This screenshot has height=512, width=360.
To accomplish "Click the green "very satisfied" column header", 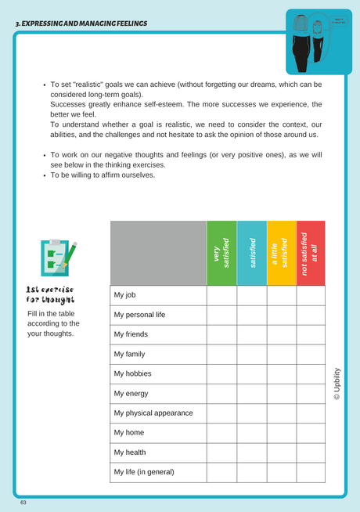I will point(221,253).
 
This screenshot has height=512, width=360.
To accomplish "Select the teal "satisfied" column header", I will point(251,253).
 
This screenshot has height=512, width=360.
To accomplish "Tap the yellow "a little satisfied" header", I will point(281,253).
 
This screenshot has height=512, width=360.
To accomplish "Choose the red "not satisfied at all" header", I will point(311,253).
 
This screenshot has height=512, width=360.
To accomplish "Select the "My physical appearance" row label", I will point(153,413).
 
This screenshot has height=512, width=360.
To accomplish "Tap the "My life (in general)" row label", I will point(144,472).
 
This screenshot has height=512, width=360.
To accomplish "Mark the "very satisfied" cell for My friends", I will point(221,334).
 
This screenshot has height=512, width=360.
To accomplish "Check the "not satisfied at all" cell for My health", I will point(311,453).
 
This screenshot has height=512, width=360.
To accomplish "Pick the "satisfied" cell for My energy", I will point(251,393).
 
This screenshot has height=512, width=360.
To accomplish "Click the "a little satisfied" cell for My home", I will point(281,433).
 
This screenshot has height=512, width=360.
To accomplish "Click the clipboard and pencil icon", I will point(58,259).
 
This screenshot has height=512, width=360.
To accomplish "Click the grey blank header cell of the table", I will point(158,253).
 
